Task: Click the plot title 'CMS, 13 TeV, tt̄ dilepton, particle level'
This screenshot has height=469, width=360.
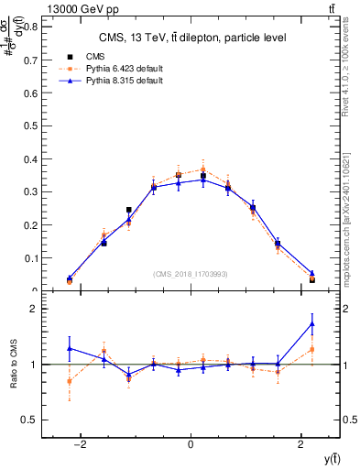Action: [191, 38]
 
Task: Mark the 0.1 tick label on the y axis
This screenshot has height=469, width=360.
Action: [32, 258]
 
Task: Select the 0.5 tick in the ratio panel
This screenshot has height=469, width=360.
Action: [32, 420]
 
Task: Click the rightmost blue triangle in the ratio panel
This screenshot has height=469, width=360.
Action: [312, 323]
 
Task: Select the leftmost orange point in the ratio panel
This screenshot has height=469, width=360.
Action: [70, 381]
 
